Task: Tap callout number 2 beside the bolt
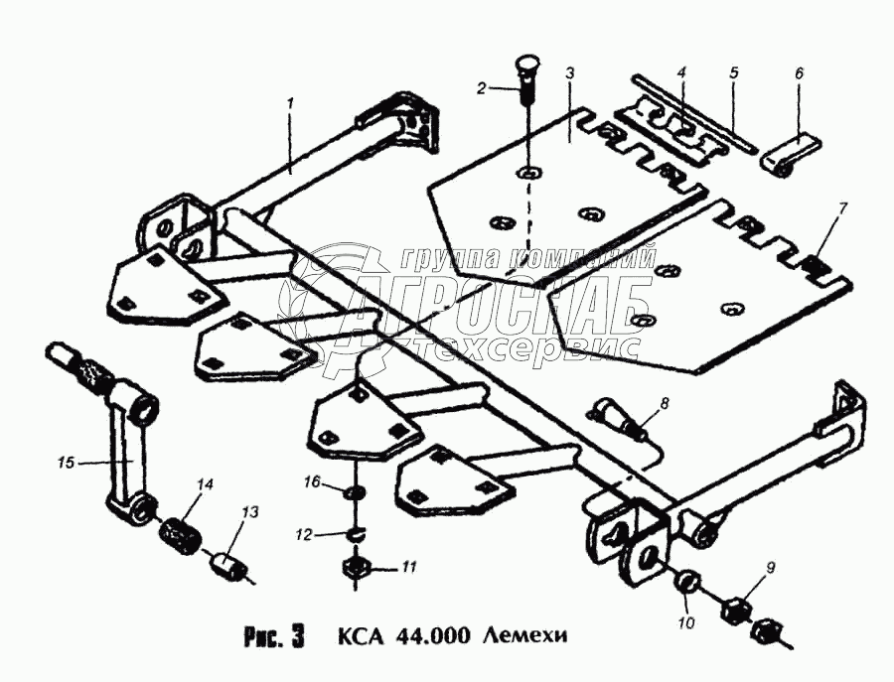[482, 88]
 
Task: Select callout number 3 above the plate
[570, 74]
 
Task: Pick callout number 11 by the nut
[408, 567]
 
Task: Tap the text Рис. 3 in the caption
[272, 633]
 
